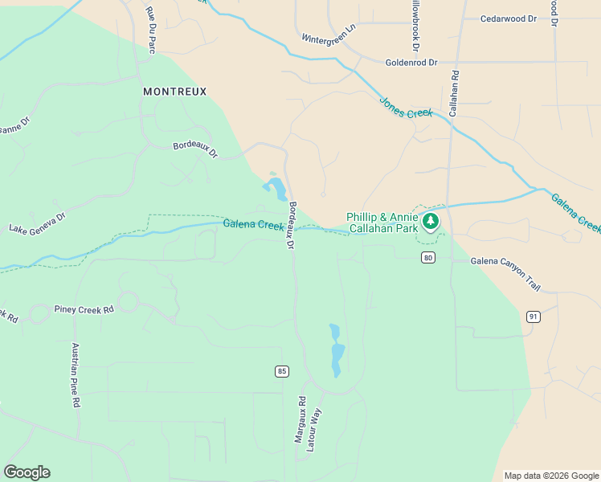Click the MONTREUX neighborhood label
coord(174,92)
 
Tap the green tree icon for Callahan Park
coord(431,221)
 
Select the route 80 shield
coord(428,257)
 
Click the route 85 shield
coord(281,371)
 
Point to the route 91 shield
coord(533,317)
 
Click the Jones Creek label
coord(406,108)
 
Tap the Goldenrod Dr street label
coord(411,62)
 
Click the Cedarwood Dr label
coord(509,18)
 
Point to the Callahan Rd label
coord(454,94)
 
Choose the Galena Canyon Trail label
coord(505,262)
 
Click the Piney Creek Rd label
coord(84,308)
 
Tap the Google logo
coord(27,472)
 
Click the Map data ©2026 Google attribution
coord(551,476)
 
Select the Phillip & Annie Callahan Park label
coord(382,223)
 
